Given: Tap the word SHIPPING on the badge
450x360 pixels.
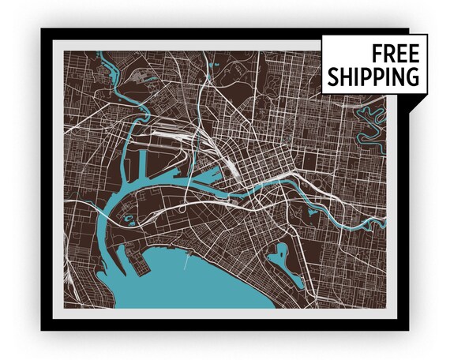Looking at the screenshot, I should click(374, 77).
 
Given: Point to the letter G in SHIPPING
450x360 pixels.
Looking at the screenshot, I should click(412, 77).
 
